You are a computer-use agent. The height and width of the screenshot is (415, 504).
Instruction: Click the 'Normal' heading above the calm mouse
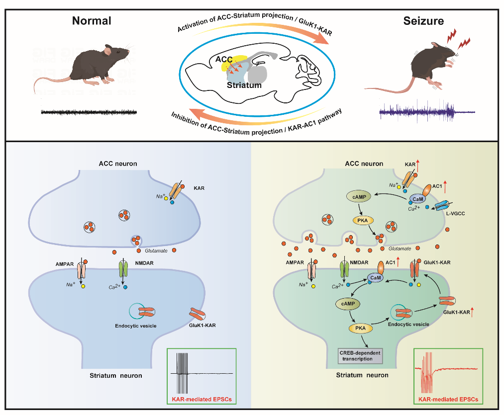click(x=92, y=20)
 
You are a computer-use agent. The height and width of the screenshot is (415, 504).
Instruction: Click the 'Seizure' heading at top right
click(x=423, y=20)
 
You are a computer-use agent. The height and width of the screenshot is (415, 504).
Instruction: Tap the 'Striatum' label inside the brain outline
click(x=244, y=85)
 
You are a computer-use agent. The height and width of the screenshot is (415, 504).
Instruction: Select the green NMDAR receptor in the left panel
click(x=123, y=270)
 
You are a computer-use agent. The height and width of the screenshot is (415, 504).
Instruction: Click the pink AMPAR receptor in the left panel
click(x=82, y=271)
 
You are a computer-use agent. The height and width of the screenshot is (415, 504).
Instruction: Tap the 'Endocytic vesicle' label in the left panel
click(x=146, y=327)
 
